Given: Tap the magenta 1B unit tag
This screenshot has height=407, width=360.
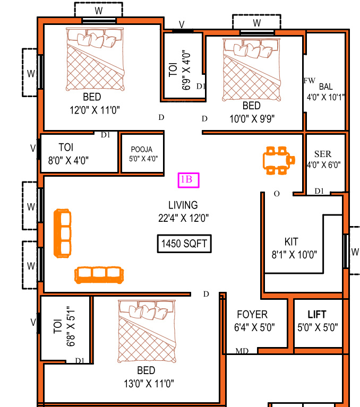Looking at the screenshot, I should [x=188, y=180].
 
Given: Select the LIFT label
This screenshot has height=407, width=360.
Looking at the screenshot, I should [x=317, y=315].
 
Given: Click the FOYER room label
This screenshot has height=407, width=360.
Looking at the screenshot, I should [x=252, y=315].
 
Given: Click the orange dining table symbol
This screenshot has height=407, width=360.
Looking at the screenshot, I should [x=278, y=160].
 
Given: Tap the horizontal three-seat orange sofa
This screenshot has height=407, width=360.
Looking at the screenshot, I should [x=99, y=274].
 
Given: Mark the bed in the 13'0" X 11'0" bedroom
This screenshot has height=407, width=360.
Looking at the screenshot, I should [x=147, y=332].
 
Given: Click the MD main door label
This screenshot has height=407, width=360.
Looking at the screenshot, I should [x=242, y=351].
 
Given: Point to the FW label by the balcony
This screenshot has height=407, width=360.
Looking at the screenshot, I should [x=309, y=81].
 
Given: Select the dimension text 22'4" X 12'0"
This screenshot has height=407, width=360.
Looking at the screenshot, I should [x=183, y=217].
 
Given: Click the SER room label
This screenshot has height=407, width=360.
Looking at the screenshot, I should [x=322, y=154].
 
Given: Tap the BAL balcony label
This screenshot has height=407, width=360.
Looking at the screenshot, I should [x=325, y=86].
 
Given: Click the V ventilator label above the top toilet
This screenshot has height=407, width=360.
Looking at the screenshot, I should [x=182, y=24].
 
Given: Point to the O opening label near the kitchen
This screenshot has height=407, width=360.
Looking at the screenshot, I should [x=276, y=194].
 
